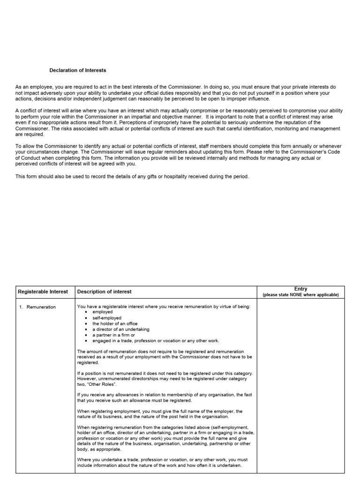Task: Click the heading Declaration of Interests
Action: [x=78, y=70]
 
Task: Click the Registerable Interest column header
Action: [x=43, y=292]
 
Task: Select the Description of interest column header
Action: [x=104, y=292]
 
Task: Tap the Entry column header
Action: [x=300, y=289]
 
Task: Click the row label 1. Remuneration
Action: [x=37, y=307]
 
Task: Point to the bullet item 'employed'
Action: [x=103, y=312]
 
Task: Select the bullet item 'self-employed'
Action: [x=106, y=318]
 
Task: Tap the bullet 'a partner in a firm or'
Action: [x=113, y=335]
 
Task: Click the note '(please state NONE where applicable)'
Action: [x=300, y=295]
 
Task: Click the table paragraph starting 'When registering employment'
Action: [x=159, y=414]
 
